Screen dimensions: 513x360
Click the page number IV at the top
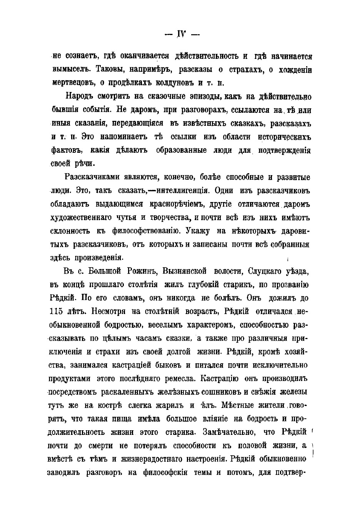tap(180, 34)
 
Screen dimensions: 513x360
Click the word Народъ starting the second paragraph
tap(80, 96)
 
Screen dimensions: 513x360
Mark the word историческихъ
tap(284, 137)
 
